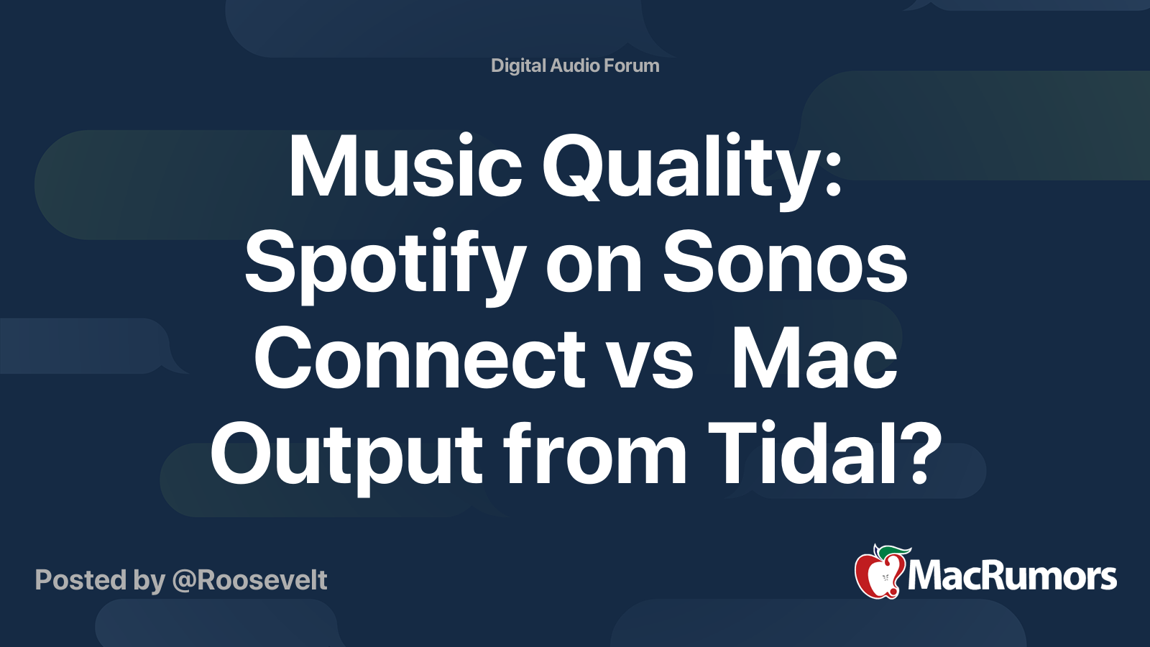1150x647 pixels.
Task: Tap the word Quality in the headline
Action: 678,172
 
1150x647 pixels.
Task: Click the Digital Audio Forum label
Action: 575,65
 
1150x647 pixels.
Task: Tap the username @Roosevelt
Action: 249,580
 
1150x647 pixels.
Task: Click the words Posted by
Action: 100,581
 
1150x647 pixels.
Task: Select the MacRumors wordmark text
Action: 1012,577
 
